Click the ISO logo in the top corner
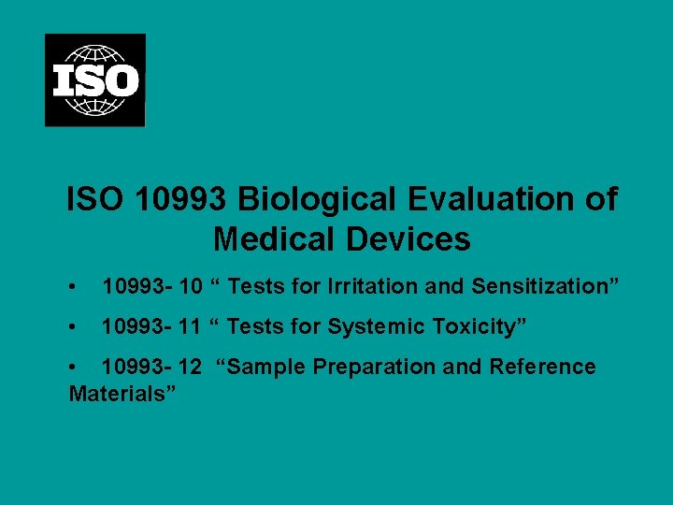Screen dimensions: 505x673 tap(95, 79)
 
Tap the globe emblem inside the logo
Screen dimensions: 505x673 tap(95, 58)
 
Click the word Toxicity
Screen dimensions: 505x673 tap(484, 326)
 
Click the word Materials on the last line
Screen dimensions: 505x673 tap(118, 393)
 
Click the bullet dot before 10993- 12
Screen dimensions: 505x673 tap(74, 368)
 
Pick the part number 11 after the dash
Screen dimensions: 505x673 tap(189, 326)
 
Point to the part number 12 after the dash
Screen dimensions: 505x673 tap(190, 367)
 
